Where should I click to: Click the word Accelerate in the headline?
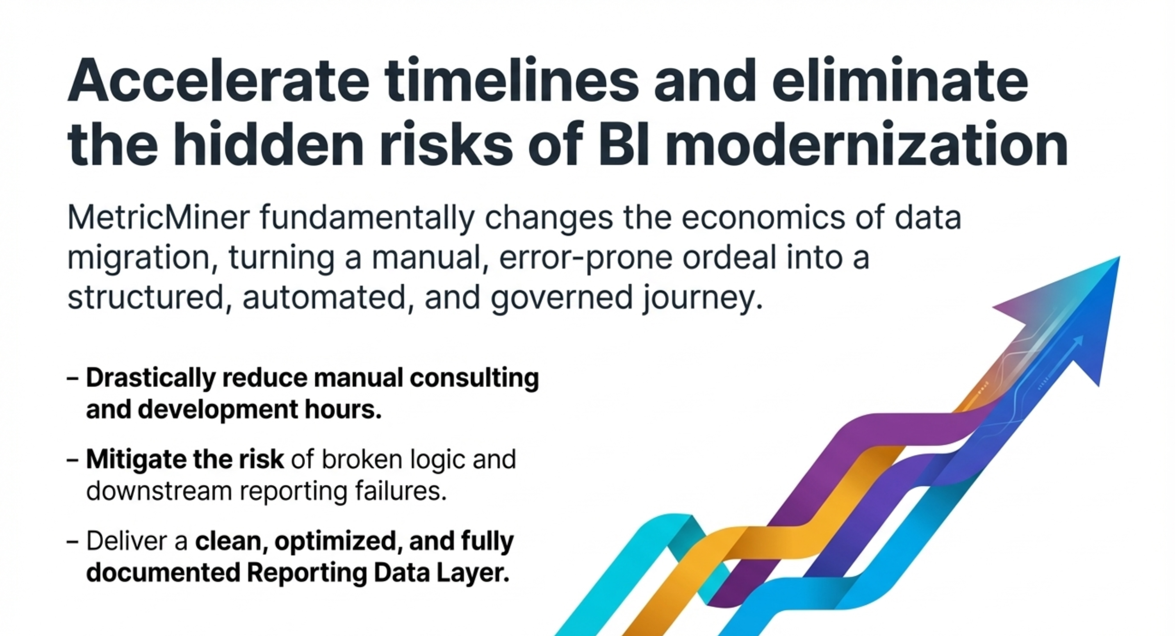pos(218,80)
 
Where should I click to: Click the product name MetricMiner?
pos(158,218)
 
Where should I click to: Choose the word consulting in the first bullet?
pos(474,378)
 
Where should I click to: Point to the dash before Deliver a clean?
pos(73,542)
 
